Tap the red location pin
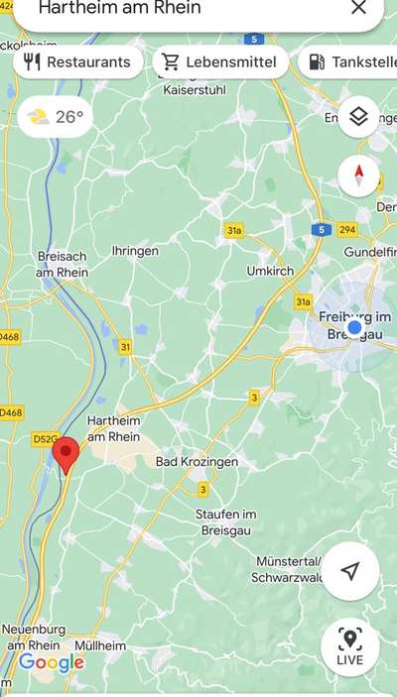tap(66, 454)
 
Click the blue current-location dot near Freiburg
tap(354, 327)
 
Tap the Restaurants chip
tap(77, 61)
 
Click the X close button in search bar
tap(358, 8)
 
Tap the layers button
tap(358, 117)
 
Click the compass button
tap(358, 175)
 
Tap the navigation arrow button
tap(349, 571)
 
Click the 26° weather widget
tap(57, 117)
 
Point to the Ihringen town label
tap(135, 252)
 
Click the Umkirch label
tap(270, 270)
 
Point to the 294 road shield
tap(346, 229)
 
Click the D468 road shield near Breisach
tap(9, 337)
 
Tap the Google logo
tap(51, 662)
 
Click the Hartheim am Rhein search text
tap(119, 8)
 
